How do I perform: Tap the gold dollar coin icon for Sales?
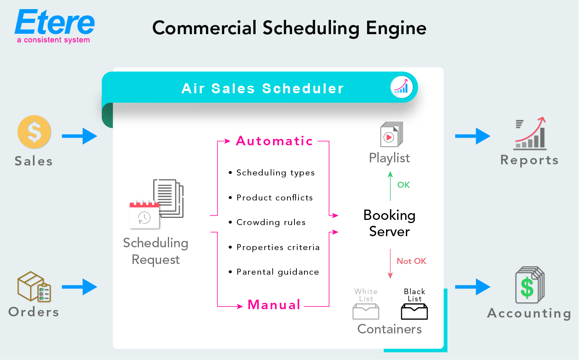click(x=34, y=132)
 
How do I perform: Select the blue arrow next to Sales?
click(x=79, y=136)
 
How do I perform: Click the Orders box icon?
click(x=34, y=287)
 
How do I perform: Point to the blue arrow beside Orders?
click(x=79, y=287)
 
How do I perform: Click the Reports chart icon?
click(x=530, y=134)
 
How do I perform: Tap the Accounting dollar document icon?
click(x=529, y=285)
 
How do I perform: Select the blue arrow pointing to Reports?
click(x=473, y=136)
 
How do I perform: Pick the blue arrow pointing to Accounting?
click(x=473, y=287)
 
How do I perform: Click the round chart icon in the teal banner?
click(x=401, y=87)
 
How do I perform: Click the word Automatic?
click(x=274, y=141)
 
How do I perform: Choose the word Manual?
click(x=274, y=305)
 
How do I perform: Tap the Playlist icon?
click(x=391, y=135)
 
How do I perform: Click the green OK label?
click(x=404, y=185)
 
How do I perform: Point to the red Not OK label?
click(x=412, y=261)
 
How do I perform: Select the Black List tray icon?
click(x=414, y=312)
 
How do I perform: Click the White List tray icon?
click(x=366, y=312)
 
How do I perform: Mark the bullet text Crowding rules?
click(x=271, y=222)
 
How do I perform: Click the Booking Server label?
click(x=389, y=223)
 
